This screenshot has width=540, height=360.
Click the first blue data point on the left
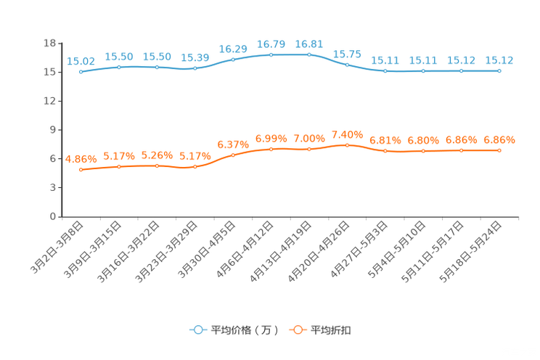pos(80,71)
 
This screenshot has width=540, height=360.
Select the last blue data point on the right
pos(499,70)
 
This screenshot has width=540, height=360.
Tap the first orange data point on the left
pos(80,169)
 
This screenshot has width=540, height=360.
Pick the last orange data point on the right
pos(499,150)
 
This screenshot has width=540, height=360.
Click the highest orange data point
pos(347,145)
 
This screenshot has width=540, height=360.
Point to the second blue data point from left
pos(118,67)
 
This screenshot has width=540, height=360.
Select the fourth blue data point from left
pos(195,68)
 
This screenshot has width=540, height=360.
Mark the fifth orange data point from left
pos(233,155)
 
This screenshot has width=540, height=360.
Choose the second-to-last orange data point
pos(461,150)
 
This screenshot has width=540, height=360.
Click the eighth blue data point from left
pos(347,65)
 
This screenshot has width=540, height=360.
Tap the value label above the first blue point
pos(80,61)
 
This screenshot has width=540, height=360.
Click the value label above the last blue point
pos(499,60)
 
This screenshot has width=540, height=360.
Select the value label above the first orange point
pos(80,158)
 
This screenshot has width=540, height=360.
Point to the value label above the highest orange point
pos(347,134)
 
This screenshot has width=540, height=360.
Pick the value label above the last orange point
pos(499,139)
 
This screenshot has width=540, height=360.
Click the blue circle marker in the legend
pos(197,330)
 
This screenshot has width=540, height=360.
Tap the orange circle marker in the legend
pos(297,330)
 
